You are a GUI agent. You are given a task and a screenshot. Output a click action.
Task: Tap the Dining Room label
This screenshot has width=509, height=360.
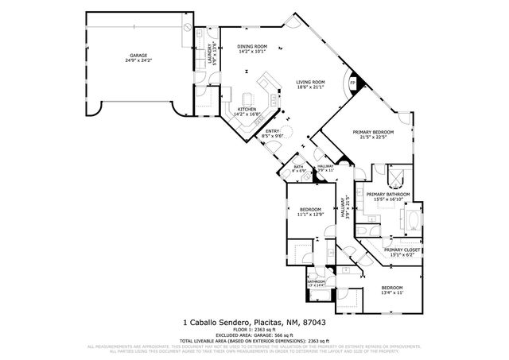point(253,47)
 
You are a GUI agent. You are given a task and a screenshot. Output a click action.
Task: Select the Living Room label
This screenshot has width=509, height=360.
point(312,82)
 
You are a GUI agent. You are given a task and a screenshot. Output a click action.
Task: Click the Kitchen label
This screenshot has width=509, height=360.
point(247,110)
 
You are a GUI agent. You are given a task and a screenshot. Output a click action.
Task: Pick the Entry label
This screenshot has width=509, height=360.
point(272,131)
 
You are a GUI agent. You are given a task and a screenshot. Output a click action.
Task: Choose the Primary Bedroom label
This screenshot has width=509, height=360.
point(373,131)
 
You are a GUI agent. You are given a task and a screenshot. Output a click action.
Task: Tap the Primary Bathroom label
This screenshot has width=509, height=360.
point(387,195)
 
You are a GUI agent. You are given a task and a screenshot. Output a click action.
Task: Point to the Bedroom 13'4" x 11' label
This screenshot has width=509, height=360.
point(392,287)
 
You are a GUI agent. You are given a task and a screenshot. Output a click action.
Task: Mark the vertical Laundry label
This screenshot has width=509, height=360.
point(212,52)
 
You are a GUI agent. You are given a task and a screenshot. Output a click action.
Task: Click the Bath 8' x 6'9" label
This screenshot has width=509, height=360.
point(299,166)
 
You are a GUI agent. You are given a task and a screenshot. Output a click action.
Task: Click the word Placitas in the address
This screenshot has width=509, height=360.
point(264,323)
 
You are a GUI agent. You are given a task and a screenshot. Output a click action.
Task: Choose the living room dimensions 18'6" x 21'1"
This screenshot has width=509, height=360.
point(312,87)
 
